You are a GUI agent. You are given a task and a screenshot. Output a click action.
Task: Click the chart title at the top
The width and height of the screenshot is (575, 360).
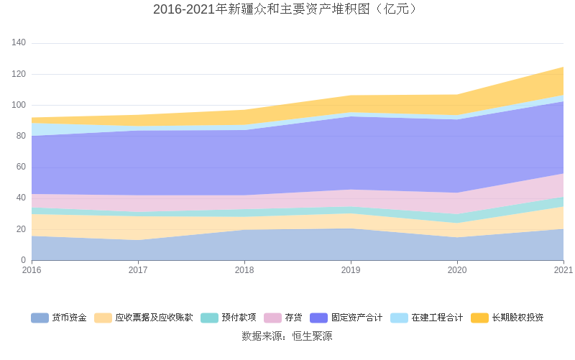(287, 9)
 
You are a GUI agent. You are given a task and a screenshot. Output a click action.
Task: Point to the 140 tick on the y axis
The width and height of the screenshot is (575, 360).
(19, 43)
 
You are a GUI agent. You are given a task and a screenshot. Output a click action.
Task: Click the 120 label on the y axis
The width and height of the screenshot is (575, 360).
(19, 74)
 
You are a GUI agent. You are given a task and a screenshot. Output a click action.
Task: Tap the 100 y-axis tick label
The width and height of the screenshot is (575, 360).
(19, 105)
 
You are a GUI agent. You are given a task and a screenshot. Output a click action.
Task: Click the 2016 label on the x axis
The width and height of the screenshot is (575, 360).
(32, 270)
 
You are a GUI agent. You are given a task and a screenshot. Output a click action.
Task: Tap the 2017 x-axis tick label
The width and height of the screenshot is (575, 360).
(138, 270)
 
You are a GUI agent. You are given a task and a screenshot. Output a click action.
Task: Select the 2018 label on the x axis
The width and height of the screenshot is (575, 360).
(244, 270)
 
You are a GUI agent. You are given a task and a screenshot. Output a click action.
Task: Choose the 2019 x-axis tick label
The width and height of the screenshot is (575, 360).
(351, 270)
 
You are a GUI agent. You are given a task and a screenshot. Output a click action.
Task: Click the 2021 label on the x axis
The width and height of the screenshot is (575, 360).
(563, 270)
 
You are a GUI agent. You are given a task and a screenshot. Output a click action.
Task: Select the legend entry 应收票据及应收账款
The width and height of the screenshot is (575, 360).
(154, 318)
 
